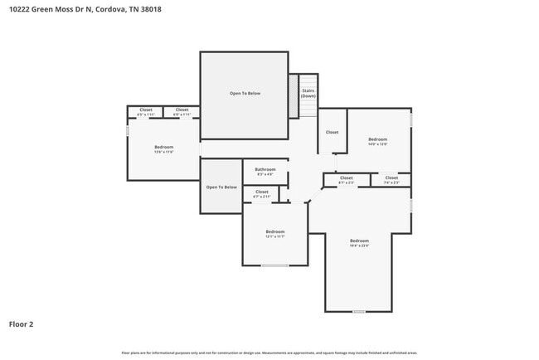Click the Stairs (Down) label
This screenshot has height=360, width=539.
tap(308, 93)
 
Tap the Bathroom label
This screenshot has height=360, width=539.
tap(265, 170)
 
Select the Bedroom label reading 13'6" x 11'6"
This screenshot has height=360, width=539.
tap(163, 149)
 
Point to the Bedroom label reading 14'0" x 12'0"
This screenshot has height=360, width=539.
tap(377, 141)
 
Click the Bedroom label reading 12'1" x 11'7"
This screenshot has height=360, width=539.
tap(274, 233)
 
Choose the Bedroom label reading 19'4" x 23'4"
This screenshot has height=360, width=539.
tap(359, 243)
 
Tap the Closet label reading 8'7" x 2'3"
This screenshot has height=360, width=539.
tap(346, 179)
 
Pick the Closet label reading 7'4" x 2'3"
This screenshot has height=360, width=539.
tap(391, 179)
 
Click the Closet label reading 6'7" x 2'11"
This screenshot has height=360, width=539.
tap(261, 194)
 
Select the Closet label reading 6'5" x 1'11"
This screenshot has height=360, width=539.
tap(145, 111)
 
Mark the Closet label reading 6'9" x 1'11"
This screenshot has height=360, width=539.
tap(182, 111)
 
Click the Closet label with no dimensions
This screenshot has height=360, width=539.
tap(332, 132)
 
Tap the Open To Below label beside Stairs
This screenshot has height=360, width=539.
tap(245, 93)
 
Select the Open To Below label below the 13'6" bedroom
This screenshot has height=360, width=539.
tap(221, 187)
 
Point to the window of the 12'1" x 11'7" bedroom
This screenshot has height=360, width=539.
tap(275, 265)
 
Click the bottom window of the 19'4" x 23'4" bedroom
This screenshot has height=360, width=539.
tap(358, 312)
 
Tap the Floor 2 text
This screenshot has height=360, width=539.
tap(22, 324)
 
